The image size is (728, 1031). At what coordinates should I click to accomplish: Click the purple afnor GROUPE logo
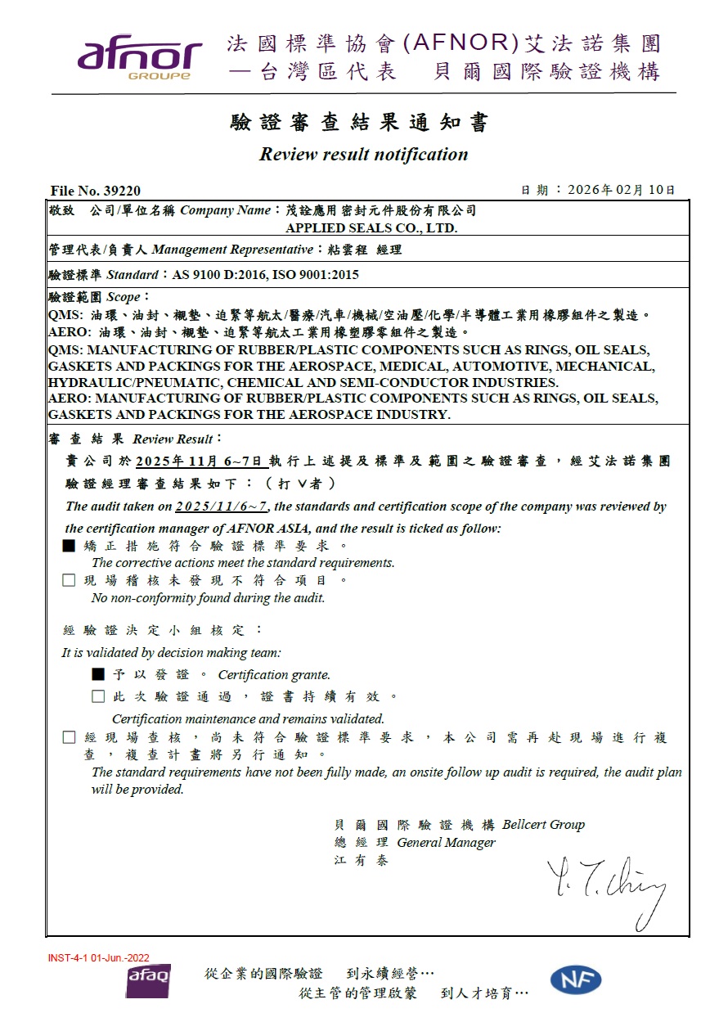pos(139,58)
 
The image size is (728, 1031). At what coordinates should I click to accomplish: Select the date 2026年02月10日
pos(622,190)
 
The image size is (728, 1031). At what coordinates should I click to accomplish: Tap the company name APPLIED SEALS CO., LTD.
pos(371,228)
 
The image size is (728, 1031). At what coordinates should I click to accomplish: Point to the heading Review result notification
pos(363,155)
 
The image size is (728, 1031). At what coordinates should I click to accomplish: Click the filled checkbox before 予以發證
pos(98,674)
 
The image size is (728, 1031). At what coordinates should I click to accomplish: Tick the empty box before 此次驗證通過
pos(98,696)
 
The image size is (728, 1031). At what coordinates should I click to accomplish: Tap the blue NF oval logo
pos(576,979)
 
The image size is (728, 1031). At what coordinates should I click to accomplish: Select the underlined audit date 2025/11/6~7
pos(221,506)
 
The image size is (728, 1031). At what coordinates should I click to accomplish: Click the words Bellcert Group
pos(544,825)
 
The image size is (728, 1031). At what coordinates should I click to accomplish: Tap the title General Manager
pos(446,843)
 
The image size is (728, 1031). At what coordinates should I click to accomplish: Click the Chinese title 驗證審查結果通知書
pos(360,123)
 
